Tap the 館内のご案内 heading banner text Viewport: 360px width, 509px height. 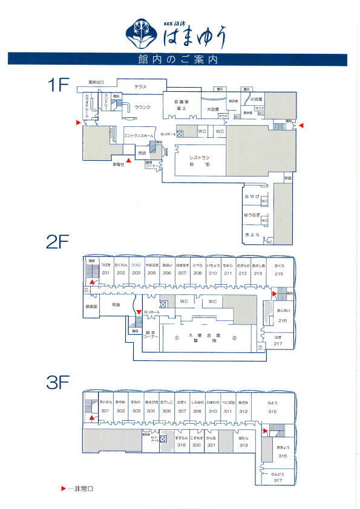(180, 59)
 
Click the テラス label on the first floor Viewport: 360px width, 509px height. (141, 86)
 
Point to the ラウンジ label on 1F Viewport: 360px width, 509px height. (142, 107)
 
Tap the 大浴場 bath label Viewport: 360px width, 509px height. (212, 109)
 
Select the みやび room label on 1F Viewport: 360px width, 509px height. (252, 197)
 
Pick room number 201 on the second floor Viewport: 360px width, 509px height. (105, 273)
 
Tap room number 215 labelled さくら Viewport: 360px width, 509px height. (279, 273)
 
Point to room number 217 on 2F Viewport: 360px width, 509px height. (278, 344)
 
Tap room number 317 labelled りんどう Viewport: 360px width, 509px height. (279, 481)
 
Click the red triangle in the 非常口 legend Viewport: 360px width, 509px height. (64, 488)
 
